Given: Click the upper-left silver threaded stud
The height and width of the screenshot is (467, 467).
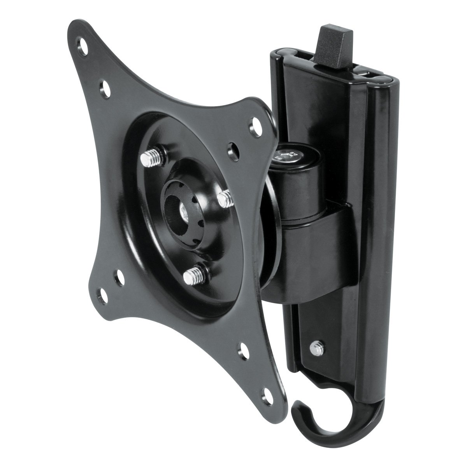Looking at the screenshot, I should click(148, 157).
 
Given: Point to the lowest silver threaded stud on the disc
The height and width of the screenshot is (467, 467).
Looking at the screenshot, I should click(191, 276).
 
